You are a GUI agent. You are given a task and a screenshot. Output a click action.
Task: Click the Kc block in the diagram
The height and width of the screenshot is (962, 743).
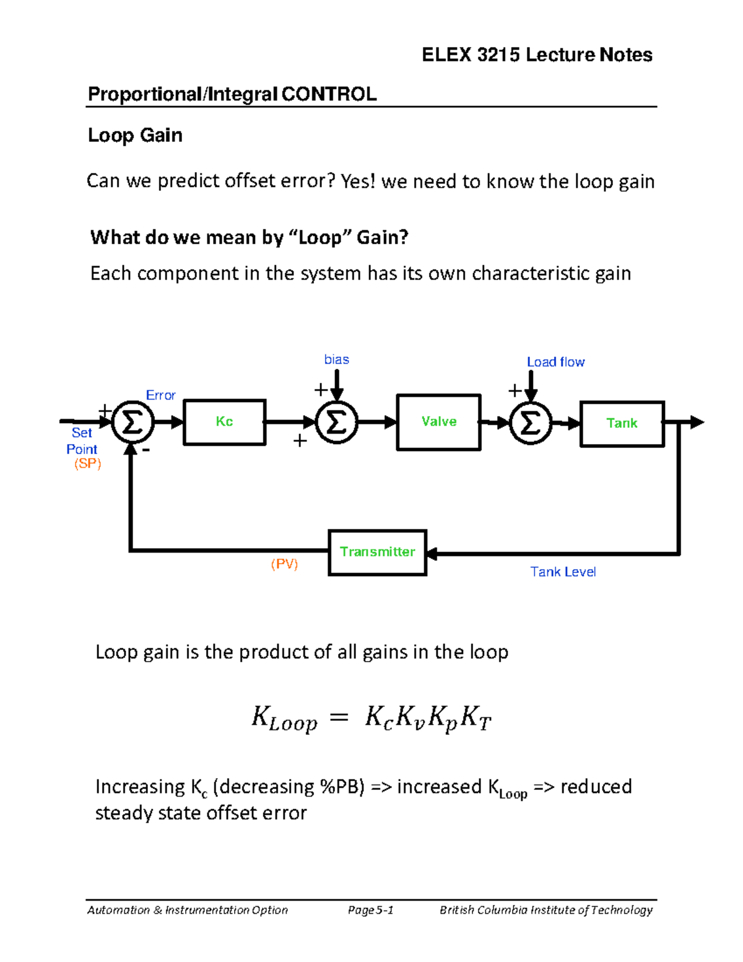224,422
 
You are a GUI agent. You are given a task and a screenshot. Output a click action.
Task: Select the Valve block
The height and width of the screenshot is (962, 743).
438,422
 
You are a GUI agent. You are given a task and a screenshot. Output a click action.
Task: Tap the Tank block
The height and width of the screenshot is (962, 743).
622,424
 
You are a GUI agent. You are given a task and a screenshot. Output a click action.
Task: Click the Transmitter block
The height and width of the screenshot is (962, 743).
377,552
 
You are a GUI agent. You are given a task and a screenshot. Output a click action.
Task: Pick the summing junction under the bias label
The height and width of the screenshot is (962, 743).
336,423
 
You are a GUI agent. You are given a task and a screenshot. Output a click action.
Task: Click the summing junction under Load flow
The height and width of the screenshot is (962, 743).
530,424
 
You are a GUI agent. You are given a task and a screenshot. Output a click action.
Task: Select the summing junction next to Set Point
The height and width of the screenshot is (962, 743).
132,422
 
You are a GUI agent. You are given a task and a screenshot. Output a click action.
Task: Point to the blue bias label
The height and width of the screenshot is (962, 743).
336,359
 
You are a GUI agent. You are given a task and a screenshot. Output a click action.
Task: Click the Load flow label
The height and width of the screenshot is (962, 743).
555,362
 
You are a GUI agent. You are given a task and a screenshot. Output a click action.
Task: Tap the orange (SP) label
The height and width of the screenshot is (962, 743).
87,464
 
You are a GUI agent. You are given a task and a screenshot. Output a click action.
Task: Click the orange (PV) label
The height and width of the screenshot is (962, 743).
284,564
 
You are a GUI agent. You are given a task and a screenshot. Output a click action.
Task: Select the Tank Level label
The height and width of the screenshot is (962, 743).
563,572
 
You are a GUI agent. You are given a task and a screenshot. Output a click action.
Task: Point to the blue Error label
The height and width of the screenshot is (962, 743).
160,395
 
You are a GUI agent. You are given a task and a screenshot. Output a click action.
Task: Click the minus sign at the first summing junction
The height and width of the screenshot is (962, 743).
146,451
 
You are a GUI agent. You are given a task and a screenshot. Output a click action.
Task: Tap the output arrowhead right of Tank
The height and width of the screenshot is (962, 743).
697,422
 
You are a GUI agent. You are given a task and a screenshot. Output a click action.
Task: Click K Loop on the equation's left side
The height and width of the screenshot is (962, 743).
284,719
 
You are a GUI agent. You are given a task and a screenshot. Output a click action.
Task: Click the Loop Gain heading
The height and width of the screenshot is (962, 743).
135,135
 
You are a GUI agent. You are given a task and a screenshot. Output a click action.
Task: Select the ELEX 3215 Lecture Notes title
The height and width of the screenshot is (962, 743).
537,55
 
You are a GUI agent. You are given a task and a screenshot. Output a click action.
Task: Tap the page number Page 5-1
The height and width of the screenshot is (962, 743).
370,910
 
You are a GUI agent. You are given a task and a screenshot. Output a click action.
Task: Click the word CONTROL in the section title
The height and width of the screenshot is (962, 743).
329,94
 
